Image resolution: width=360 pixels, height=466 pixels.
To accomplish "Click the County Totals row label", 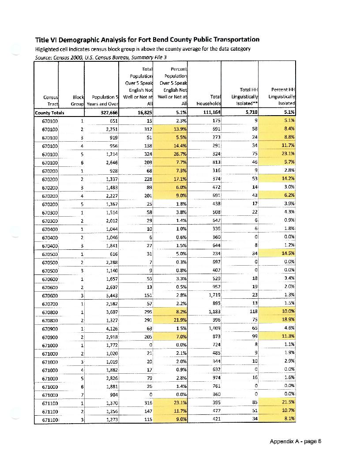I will tap(49, 113).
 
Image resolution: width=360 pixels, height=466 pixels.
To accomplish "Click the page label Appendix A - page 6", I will tap(296, 441).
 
